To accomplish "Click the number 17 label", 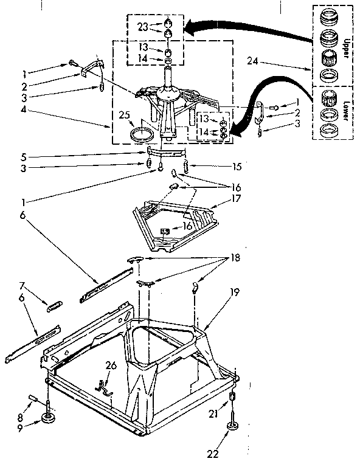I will tap(236, 198).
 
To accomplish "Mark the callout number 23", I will tap(143, 27).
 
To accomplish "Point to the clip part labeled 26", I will tap(103, 387).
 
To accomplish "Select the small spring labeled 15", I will tap(188, 166).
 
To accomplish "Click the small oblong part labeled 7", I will tap(55, 305).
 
